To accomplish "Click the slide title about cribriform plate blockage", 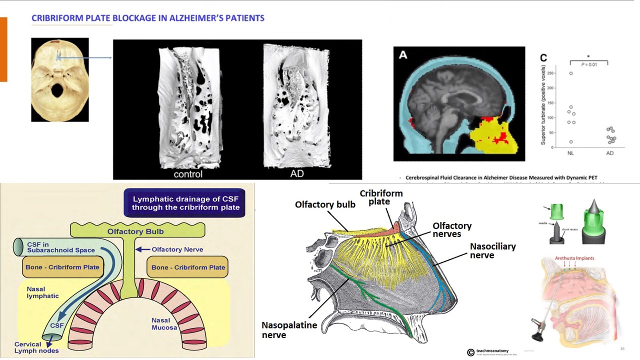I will click(x=148, y=18).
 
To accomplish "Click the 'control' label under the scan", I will click(x=188, y=174).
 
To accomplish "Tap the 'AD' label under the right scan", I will click(x=297, y=174).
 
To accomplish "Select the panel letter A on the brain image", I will click(x=403, y=55).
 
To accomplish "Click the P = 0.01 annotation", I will click(x=588, y=64).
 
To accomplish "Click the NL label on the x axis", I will click(x=570, y=153).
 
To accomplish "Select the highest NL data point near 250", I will click(x=570, y=73).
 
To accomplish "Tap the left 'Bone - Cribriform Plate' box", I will click(x=62, y=267).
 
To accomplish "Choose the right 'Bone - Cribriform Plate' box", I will click(x=187, y=267).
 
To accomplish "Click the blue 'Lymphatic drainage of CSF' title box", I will click(x=185, y=203).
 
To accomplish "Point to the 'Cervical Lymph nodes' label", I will click(x=36, y=347).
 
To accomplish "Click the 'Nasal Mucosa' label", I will click(x=164, y=324).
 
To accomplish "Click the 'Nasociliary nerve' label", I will click(x=492, y=250).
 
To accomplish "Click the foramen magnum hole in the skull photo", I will click(x=58, y=90).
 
